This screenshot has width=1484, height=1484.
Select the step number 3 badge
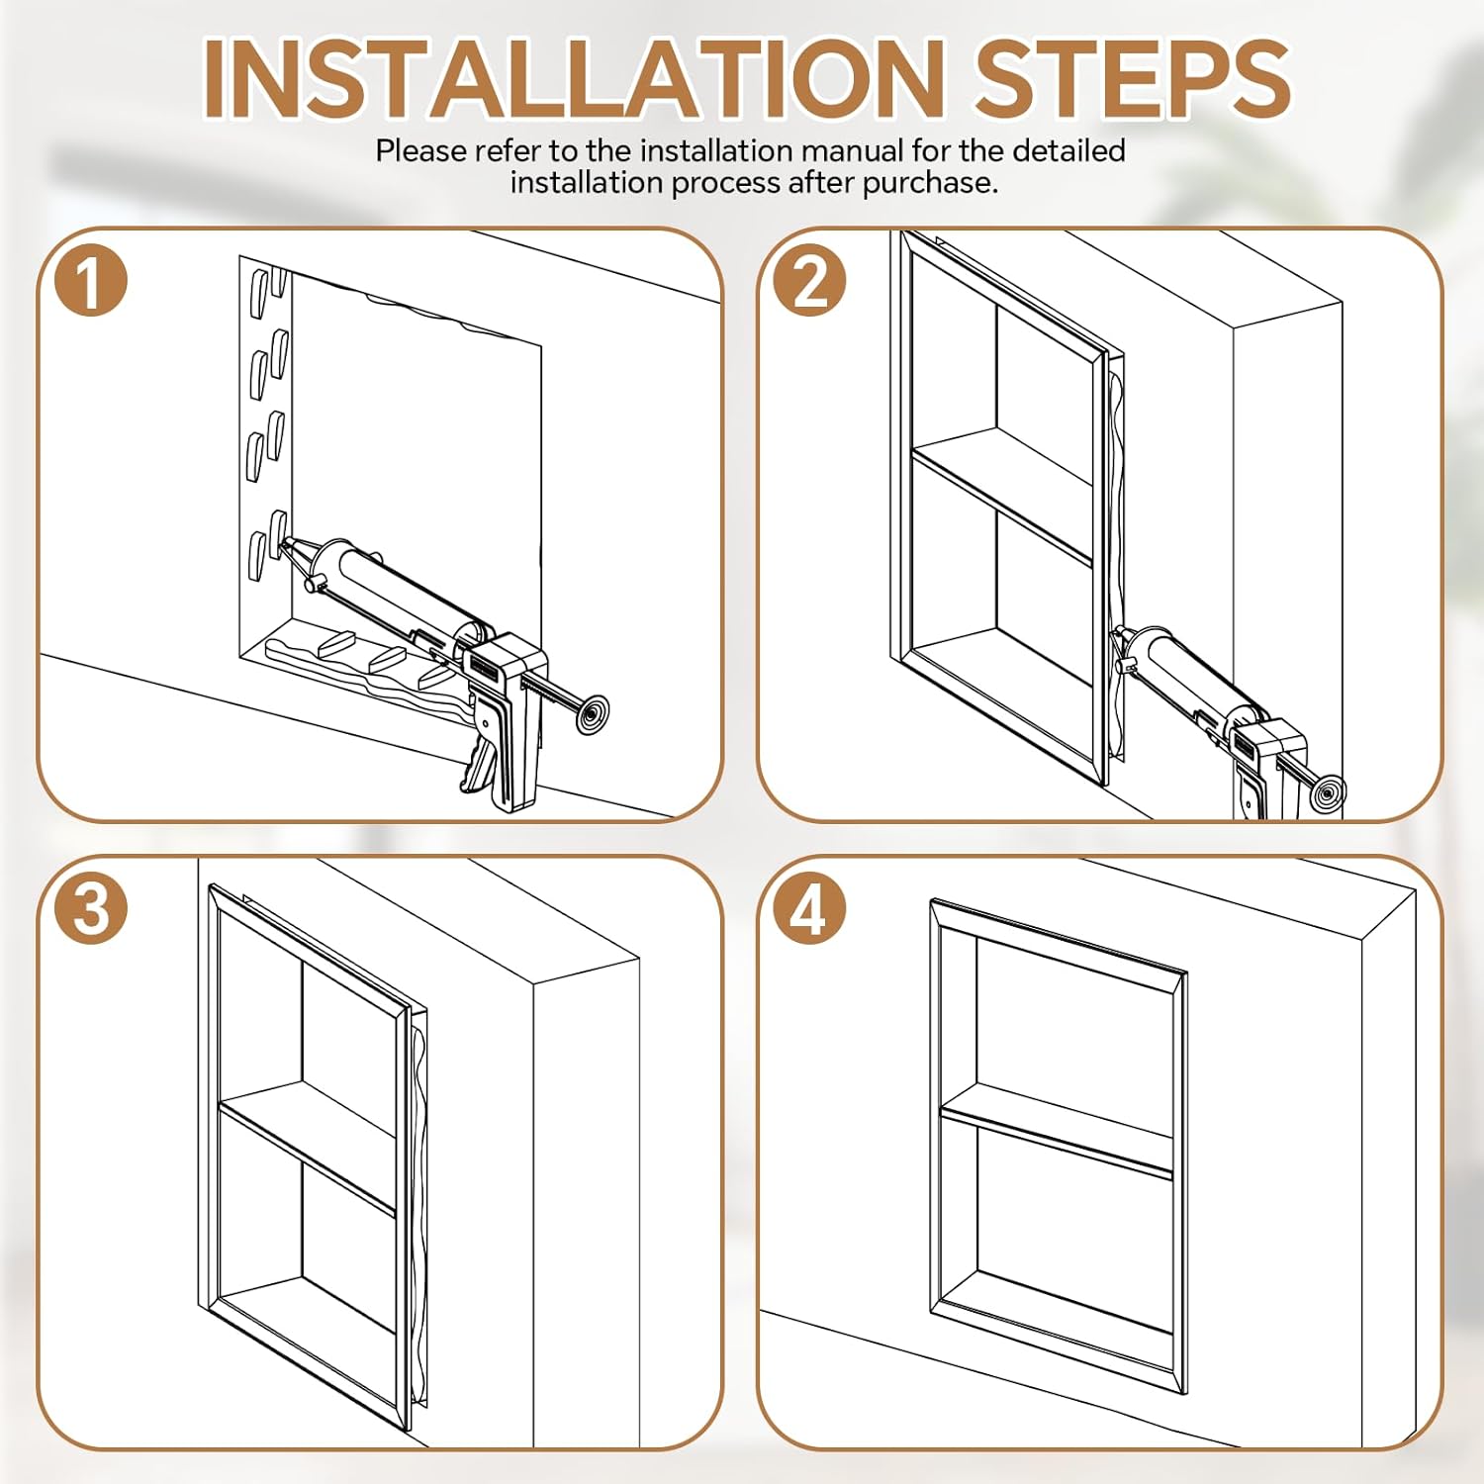[90, 907]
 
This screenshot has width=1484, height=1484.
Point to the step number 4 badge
[809, 907]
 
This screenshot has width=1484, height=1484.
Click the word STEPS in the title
[1132, 79]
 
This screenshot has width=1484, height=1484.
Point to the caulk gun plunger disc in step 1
[592, 714]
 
